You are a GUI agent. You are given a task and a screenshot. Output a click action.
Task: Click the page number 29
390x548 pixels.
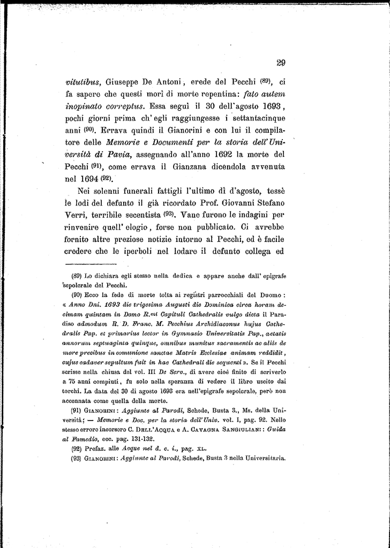pos(280,63)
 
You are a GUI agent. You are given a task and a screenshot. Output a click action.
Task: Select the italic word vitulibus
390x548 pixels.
pos(84,82)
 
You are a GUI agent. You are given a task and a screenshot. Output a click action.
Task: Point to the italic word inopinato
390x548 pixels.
pos(87,108)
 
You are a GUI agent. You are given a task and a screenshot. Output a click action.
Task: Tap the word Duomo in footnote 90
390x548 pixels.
pos(273,294)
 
